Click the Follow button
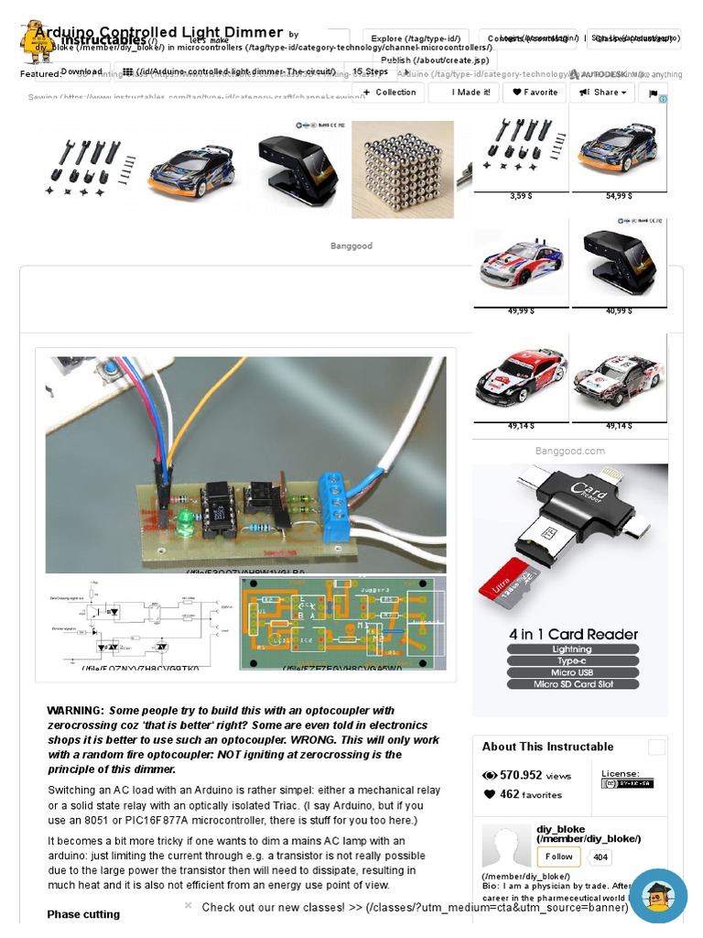coord(558,857)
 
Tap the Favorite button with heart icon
coord(535,93)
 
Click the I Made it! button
coord(463,93)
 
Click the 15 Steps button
coord(371,71)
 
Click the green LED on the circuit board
coord(185,519)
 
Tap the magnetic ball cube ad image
coord(403,169)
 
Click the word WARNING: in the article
coord(75,711)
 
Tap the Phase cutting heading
coord(83,914)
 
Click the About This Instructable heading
coord(547,747)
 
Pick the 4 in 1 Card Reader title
coord(573,634)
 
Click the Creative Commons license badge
coord(627,783)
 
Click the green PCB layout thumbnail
coord(342,623)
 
